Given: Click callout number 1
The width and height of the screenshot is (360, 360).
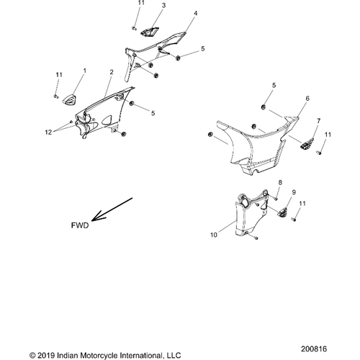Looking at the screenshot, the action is point(84,71).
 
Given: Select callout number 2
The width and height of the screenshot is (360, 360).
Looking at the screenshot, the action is point(112,72).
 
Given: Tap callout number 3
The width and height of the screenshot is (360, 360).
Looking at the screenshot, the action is point(163,6).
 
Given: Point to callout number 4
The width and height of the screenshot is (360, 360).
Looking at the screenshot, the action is point(196,13).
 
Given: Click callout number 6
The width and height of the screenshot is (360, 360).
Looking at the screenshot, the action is point(307,99).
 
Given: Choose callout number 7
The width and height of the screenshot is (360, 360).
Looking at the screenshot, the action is point(318,121).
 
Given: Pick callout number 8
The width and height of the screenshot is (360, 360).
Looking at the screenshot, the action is point(280,182).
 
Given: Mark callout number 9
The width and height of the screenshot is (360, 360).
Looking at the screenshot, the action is point(294,192).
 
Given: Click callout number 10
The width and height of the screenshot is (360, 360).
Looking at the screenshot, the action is point(214,235).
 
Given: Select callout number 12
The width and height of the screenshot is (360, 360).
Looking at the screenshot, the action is point(48,132).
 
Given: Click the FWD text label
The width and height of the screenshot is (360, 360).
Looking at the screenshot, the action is point(80,225).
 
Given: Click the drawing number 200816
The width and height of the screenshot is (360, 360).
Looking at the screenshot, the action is point(314,349).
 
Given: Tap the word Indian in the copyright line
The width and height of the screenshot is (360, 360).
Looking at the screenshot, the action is point(66,355).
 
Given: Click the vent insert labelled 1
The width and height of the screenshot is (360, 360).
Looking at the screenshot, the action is point(69,99).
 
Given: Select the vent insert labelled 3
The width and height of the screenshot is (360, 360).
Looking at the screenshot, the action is point(149,32).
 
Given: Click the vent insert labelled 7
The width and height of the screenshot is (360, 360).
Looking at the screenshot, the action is point(307,143).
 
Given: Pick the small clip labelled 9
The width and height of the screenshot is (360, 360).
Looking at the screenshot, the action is point(283,212).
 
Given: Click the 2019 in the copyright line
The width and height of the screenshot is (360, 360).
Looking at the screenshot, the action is point(47,355).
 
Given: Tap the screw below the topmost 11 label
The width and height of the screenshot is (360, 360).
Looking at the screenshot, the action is point(134,28).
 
